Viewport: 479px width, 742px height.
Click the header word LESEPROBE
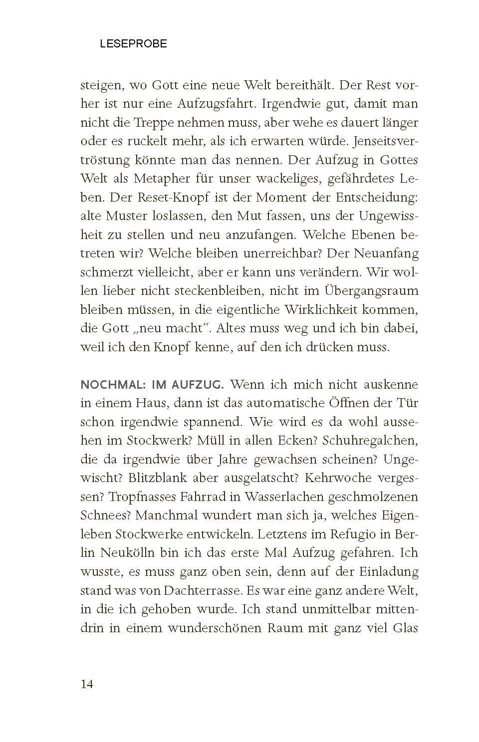click(133, 44)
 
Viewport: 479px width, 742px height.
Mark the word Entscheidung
click(374, 197)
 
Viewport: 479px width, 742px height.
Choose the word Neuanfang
click(386, 253)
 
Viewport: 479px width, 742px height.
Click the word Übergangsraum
click(371, 290)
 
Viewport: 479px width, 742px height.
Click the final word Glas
click(405, 628)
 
